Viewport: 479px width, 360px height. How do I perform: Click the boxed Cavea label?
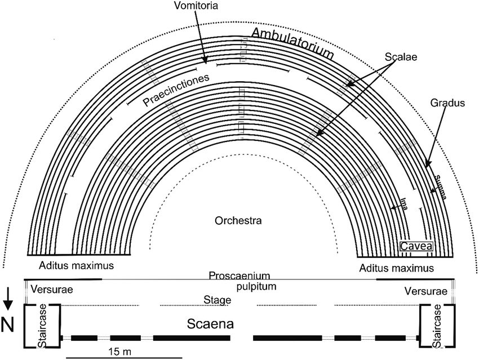(416, 246)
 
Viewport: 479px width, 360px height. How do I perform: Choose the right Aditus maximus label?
(397, 266)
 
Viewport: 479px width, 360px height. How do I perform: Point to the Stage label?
(218, 300)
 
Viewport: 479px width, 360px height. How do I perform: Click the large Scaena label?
(210, 325)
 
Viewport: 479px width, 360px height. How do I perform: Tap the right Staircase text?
(437, 326)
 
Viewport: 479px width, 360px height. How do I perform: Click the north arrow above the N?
(8, 299)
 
